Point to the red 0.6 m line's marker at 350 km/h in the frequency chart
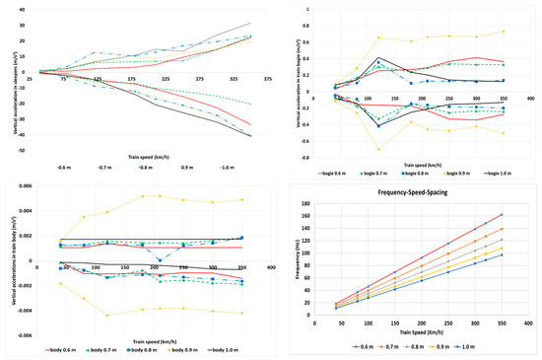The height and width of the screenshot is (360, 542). (501, 215)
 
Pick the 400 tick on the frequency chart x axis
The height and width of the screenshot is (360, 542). (529, 323)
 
